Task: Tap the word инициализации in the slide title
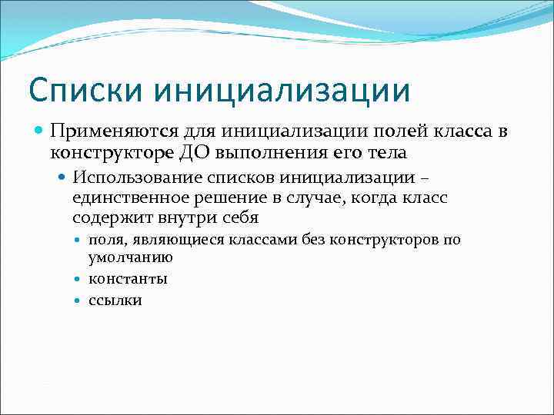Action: [282, 90]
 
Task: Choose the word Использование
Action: [137, 178]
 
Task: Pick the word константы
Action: [128, 278]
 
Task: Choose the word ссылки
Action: [115, 300]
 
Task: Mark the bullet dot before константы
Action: [82, 279]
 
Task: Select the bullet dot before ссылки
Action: [82, 300]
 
